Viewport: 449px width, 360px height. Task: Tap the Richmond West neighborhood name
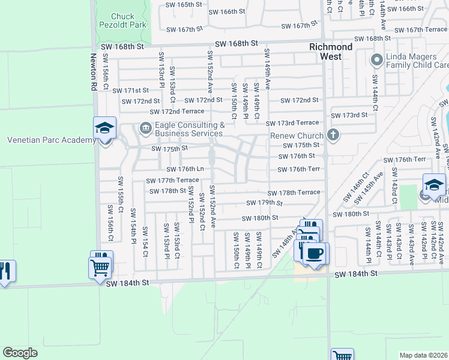[331, 52]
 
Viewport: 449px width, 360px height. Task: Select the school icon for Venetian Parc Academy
[104, 128]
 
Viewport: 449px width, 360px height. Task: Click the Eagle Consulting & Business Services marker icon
[145, 128]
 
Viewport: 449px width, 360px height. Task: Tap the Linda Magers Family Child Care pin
[376, 59]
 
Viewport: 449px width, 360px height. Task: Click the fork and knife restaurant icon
[5, 271]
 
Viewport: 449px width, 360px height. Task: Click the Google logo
[20, 353]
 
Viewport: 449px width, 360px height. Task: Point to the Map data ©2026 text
[424, 355]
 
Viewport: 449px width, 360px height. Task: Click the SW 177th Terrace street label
[173, 180]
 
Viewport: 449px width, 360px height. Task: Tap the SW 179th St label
[264, 203]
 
